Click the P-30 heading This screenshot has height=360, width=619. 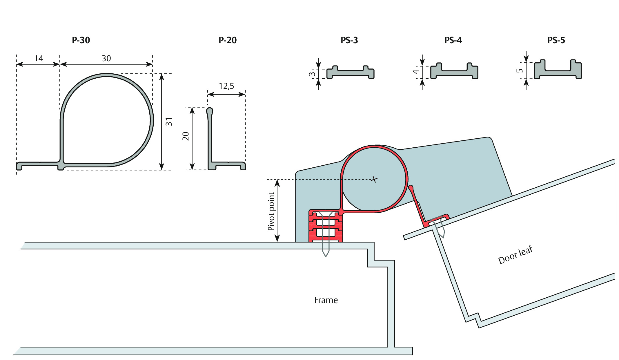[81, 40]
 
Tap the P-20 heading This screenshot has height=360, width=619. [228, 40]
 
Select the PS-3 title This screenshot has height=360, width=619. [349, 40]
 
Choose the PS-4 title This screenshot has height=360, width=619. [453, 40]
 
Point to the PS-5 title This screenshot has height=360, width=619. [556, 40]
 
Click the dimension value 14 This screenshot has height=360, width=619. [39, 58]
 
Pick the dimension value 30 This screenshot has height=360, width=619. [106, 58]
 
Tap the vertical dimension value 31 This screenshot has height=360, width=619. [169, 122]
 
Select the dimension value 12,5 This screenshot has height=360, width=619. [226, 86]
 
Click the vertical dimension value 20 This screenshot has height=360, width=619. [186, 136]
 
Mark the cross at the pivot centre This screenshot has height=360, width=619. [374, 180]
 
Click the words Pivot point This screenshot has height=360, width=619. [271, 211]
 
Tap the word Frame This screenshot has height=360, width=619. [326, 300]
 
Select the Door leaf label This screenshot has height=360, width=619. [515, 255]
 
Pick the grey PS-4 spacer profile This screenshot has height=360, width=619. [454, 71]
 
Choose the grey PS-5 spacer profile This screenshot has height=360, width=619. [558, 69]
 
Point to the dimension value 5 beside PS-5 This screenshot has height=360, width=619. [520, 70]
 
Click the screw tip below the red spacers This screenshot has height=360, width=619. [326, 256]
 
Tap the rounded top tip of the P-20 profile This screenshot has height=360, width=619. [210, 110]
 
